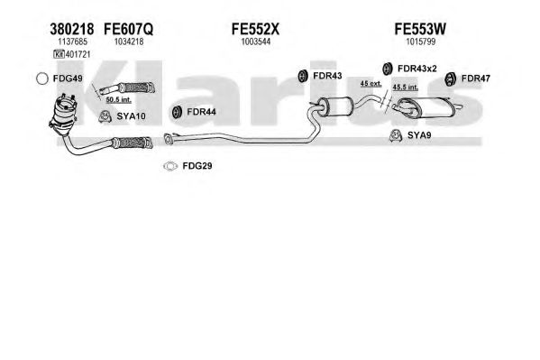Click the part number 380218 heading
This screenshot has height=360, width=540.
tap(71, 29)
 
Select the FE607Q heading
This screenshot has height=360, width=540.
tap(128, 29)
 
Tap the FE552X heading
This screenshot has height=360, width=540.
tap(255, 29)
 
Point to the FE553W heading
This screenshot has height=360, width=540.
tap(420, 29)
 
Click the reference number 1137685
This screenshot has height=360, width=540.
tap(72, 42)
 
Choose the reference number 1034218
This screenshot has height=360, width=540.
tap(129, 42)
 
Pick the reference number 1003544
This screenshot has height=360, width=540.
tap(255, 42)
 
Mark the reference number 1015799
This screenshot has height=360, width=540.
tap(420, 42)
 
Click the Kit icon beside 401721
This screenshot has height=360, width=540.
tap(59, 54)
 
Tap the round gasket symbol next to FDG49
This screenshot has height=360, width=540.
tap(42, 78)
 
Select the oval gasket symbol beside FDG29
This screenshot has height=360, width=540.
tap(170, 166)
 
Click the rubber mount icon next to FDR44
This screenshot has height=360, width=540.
tap(177, 112)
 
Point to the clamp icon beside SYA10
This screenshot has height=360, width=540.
tap(104, 116)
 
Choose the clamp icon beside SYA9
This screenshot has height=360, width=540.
tap(396, 135)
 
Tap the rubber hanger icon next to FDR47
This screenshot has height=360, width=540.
tap(450, 79)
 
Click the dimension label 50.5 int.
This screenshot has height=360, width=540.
tap(118, 100)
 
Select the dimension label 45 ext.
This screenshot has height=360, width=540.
tap(371, 83)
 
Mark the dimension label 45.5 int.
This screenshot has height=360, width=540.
tap(406, 88)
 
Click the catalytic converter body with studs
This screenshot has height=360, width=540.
tap(63, 112)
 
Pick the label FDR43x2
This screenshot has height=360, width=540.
tap(416, 69)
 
